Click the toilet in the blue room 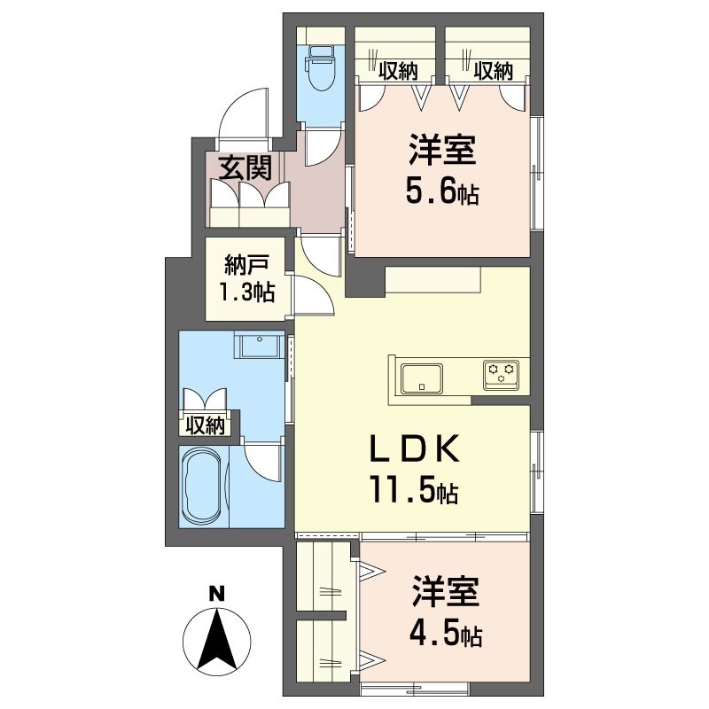coord(321,69)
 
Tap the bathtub coord(202,486)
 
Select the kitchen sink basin coord(422,378)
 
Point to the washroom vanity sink coord(259,347)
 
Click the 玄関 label coord(245,168)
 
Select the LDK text coord(415,448)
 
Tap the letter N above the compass coord(216,593)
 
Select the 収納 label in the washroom coord(206,425)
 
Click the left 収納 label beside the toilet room coord(398,71)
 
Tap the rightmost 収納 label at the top coord(494,71)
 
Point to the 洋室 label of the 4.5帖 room coord(446,591)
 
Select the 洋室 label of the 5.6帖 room coord(442,150)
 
